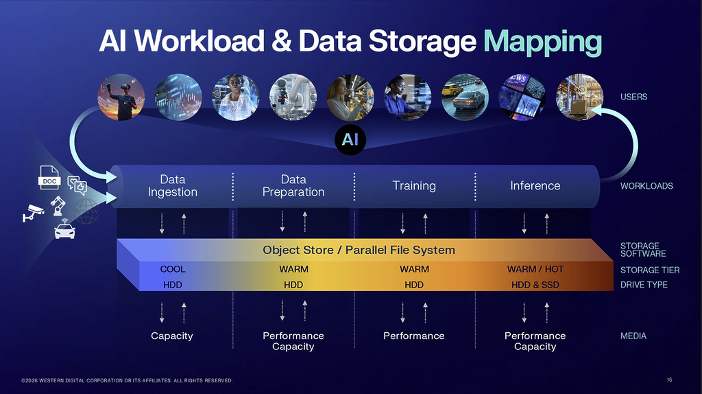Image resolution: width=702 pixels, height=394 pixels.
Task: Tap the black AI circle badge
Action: tap(350, 140)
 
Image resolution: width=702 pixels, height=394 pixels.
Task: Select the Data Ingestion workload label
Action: tap(173, 186)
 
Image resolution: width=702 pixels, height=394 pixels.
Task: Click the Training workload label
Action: tap(414, 186)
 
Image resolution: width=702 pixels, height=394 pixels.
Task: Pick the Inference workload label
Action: tap(535, 186)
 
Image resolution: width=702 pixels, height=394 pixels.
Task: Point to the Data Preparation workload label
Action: tap(293, 186)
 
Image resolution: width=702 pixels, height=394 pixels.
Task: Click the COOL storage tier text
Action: tap(173, 269)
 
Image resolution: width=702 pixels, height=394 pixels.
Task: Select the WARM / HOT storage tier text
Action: tap(535, 269)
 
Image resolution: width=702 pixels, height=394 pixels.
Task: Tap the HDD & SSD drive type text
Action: tap(535, 285)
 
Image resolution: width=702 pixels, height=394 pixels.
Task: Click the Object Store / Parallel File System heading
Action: tap(359, 250)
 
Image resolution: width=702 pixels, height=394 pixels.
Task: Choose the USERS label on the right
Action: tap(633, 97)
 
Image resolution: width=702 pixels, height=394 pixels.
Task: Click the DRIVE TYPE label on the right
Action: tap(644, 285)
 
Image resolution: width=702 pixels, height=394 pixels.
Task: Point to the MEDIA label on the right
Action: tap(633, 336)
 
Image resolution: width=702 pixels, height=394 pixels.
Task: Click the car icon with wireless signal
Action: tap(64, 230)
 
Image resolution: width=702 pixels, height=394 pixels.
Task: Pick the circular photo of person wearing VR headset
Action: tap(121, 97)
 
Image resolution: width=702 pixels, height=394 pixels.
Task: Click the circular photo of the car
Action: tap(465, 97)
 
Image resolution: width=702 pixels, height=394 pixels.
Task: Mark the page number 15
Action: tap(669, 380)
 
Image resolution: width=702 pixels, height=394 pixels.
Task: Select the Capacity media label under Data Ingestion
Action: tap(172, 336)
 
